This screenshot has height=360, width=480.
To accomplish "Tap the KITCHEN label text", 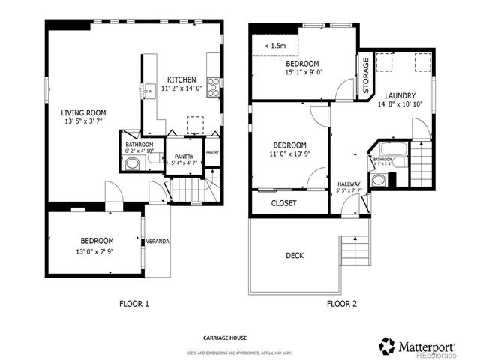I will click(x=182, y=79).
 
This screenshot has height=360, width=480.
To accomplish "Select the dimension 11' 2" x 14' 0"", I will click(x=182, y=88).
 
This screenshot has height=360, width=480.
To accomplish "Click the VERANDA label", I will click(x=157, y=241).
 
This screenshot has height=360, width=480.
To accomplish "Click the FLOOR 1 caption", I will click(x=134, y=304).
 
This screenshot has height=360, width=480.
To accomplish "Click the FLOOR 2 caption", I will click(x=341, y=304).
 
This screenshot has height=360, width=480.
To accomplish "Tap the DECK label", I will click(x=295, y=256).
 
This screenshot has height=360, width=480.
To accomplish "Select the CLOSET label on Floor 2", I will click(x=283, y=203).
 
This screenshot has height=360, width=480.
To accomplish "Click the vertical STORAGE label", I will click(x=366, y=76).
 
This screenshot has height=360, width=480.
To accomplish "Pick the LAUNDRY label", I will click(x=400, y=96).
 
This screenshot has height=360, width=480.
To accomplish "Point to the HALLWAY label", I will click(x=349, y=184).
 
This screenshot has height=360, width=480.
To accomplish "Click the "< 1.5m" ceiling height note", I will click(x=274, y=46).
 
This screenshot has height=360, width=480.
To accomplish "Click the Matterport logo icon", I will click(x=387, y=346).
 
